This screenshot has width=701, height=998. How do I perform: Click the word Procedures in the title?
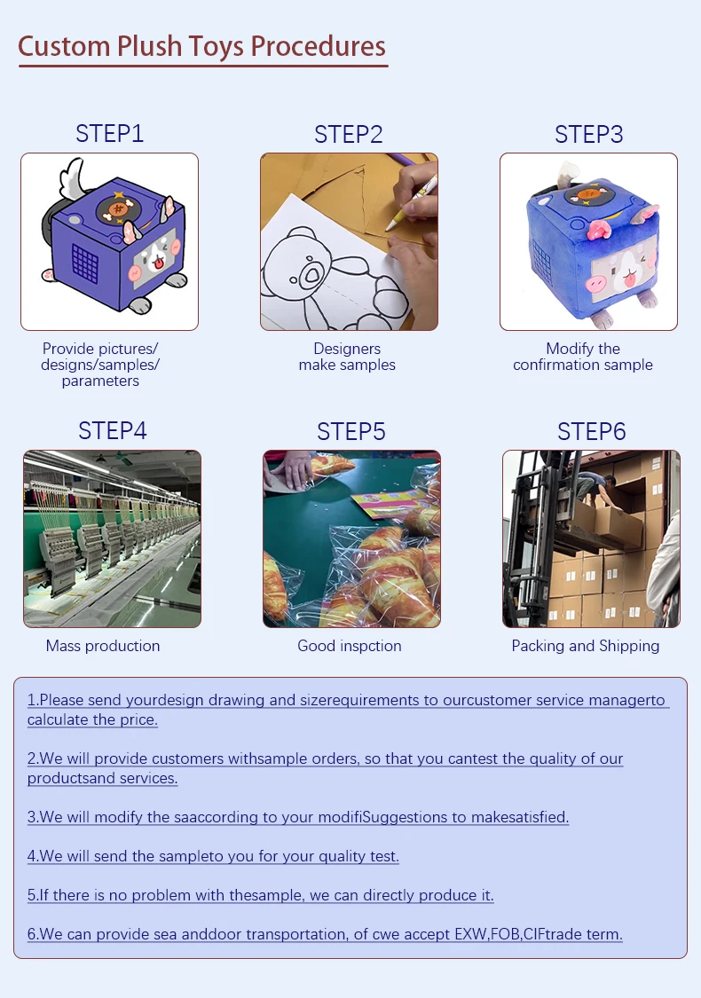coord(318,46)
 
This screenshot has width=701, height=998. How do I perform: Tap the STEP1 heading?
coord(109,134)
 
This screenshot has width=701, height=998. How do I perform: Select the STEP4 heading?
coord(112,431)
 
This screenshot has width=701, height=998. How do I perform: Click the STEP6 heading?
coord(592,431)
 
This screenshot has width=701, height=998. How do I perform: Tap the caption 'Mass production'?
coord(103,646)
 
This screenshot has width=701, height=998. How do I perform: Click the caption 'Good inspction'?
coord(349,646)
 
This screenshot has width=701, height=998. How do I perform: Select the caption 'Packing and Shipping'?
coord(585,646)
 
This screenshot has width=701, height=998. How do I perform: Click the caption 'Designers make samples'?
coord(347,357)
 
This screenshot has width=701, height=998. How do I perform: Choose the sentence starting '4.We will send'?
coord(213,856)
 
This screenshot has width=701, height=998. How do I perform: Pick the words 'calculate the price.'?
coord(92,719)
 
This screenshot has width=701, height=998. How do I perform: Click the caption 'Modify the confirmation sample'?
coord(583,357)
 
